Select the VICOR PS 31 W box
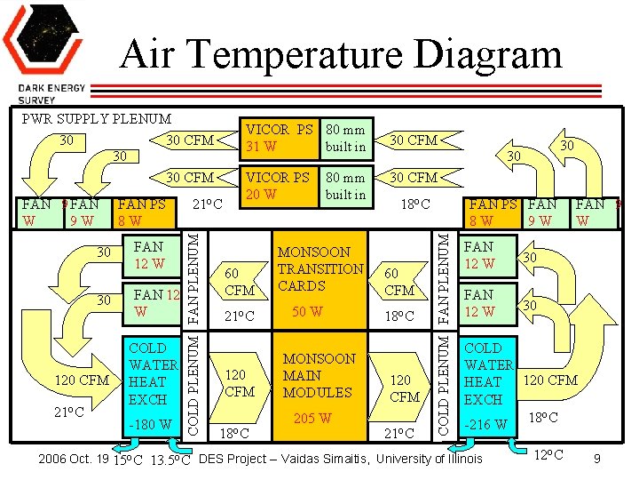[x=280, y=136]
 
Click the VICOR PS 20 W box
[x=280, y=186]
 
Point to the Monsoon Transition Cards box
[x=320, y=268]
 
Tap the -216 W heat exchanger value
[x=486, y=424]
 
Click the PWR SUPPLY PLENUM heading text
[x=97, y=118]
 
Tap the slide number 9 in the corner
[x=597, y=459]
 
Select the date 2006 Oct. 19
[x=74, y=459]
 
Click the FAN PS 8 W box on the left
[x=142, y=212]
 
